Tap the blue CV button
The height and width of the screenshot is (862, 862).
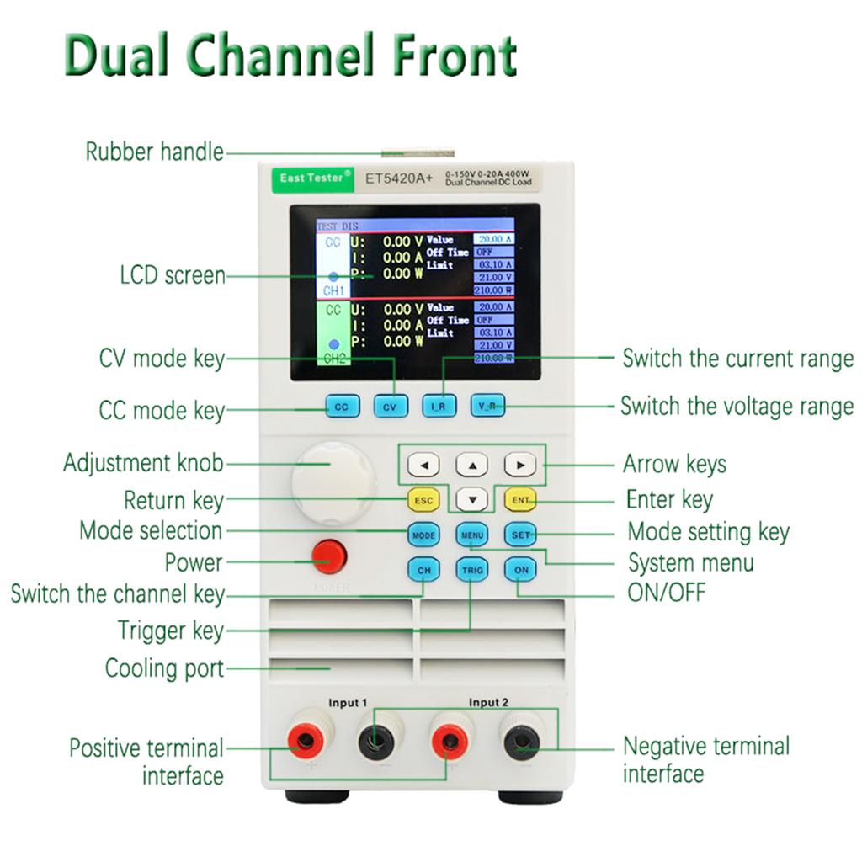[x=390, y=407]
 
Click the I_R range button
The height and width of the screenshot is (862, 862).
[x=439, y=407]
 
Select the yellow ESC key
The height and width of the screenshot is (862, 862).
[x=423, y=500]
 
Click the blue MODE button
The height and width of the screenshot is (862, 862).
[x=423, y=535]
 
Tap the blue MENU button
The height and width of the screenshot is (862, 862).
[x=472, y=535]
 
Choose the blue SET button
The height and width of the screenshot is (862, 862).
[x=520, y=535]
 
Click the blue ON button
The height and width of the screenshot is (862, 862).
[x=520, y=570]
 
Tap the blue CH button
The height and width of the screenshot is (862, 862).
[x=423, y=570]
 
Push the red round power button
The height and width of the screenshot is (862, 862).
[x=328, y=556]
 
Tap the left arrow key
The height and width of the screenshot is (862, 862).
[x=423, y=465]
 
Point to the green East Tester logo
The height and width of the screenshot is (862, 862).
[x=311, y=178]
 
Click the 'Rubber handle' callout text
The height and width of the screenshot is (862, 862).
[x=154, y=152]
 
